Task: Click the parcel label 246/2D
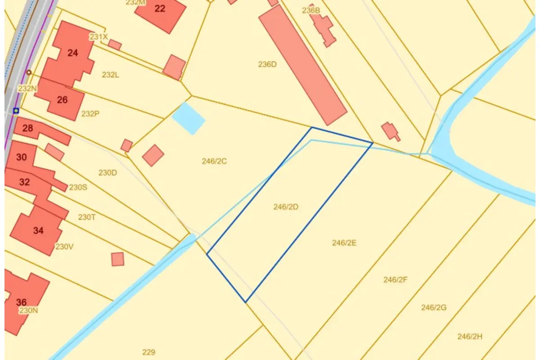coord(286,207)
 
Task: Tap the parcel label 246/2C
coord(214,161)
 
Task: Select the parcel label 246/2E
coord(344,243)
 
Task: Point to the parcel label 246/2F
coord(396,279)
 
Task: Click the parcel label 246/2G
coord(434,308)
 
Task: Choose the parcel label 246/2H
coord(470,336)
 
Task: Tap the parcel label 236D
coord(267,64)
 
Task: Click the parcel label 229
coord(148,352)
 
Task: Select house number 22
coord(160,9)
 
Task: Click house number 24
coord(72,53)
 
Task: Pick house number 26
coord(62,100)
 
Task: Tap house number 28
coord(27,129)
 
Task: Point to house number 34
coord(39,231)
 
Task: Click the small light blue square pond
coord(189,118)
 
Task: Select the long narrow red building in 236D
coord(302,64)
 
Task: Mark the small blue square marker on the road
coord(16,110)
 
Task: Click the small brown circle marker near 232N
coord(29,72)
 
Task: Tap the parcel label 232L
coord(110,75)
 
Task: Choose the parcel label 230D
coord(108,172)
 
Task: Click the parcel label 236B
coord(310,10)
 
